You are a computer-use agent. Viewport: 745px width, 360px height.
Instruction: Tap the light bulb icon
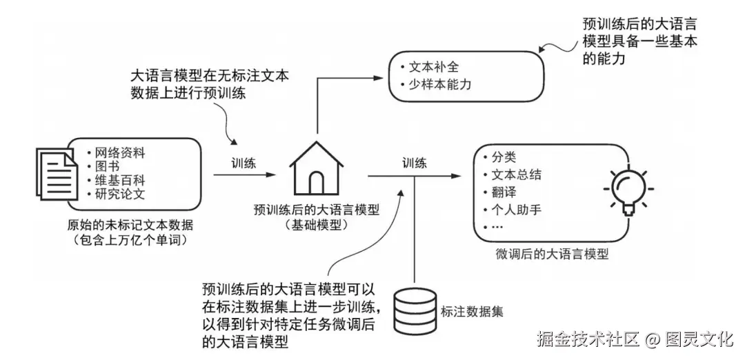pyautogui.click(x=628, y=188)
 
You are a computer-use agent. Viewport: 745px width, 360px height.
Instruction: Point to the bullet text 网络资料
pyautogui.click(x=120, y=152)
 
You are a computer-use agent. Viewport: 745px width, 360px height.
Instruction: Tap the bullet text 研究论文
pyautogui.click(x=120, y=194)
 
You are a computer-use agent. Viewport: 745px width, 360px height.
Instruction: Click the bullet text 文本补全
pyautogui.click(x=433, y=68)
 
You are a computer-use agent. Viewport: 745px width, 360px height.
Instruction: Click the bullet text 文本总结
pyautogui.click(x=516, y=174)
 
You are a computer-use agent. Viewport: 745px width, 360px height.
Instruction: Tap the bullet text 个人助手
pyautogui.click(x=516, y=208)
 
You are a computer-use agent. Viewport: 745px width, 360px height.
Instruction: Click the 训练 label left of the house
pyautogui.click(x=244, y=163)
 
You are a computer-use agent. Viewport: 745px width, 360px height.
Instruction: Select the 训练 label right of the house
pyautogui.click(x=415, y=163)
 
